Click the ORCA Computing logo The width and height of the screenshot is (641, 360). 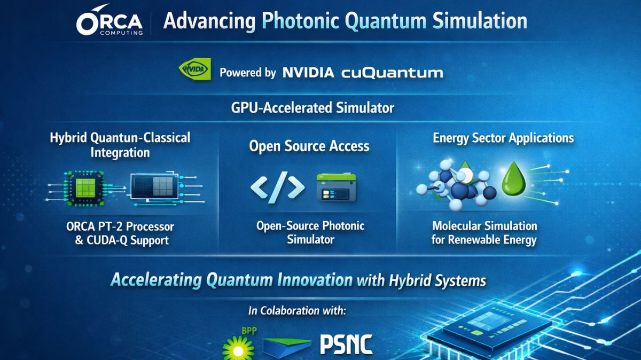[x=110, y=22]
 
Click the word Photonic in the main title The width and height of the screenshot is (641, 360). [x=301, y=21]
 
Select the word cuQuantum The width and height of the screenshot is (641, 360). [x=392, y=73]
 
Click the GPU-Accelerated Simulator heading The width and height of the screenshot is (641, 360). [x=312, y=107]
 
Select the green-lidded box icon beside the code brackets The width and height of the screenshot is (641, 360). [x=336, y=187]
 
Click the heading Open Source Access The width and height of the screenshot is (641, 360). [x=309, y=146]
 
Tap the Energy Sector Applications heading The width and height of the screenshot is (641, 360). [x=503, y=138]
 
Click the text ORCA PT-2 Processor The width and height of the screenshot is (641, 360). [x=120, y=226]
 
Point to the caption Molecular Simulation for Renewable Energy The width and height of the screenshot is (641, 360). [x=484, y=233]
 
